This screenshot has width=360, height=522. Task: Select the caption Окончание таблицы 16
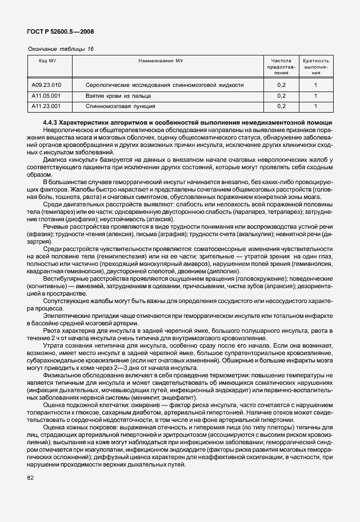61,49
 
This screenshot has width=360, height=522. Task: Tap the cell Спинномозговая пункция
113,106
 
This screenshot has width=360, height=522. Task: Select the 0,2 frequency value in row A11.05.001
281,95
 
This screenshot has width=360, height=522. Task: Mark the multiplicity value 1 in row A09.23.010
316,85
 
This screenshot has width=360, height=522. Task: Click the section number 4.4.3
52,123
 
